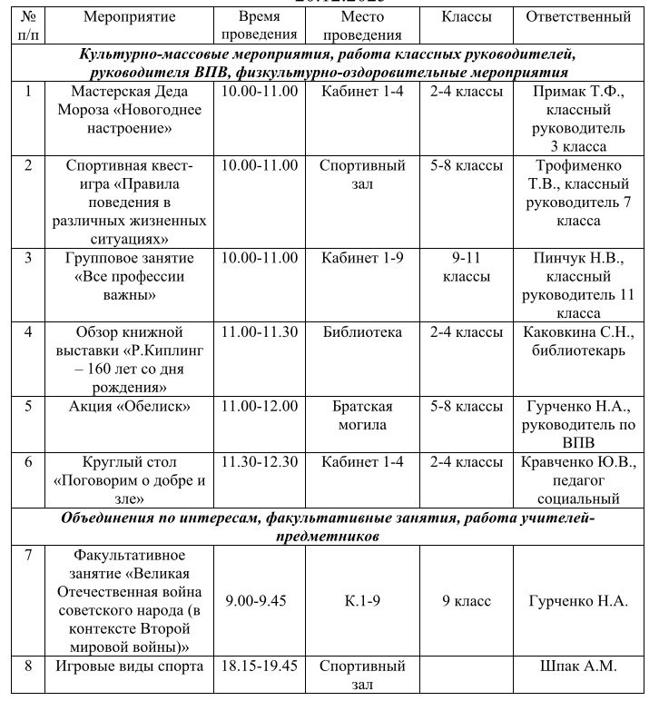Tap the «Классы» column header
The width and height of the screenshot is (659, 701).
466,17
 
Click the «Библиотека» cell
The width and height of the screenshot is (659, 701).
362,332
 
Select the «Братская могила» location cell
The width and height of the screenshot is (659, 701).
362,415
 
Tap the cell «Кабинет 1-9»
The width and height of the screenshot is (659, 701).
362,258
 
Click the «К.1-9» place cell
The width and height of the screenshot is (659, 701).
362,600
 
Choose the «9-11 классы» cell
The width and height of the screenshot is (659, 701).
466,267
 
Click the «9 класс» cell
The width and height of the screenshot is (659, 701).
466,600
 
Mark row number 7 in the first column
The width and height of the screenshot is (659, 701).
28,555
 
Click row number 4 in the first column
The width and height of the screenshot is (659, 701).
28,332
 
